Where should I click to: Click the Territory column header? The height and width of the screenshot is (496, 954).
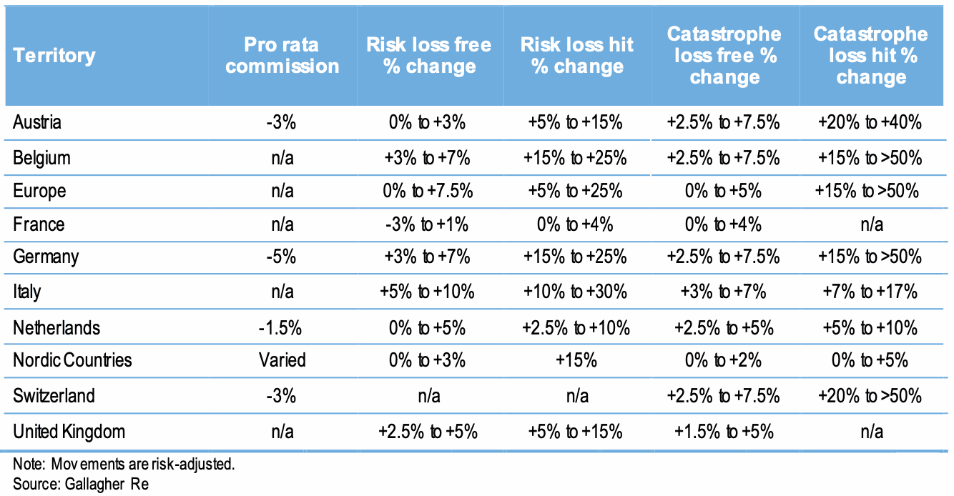(x=54, y=56)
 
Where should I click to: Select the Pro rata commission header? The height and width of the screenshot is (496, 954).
(x=282, y=56)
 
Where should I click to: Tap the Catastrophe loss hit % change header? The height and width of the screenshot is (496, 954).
(x=870, y=56)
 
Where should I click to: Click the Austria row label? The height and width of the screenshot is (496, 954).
(x=37, y=122)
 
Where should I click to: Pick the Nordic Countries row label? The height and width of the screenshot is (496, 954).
(x=72, y=359)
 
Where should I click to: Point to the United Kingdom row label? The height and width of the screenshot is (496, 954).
(x=69, y=432)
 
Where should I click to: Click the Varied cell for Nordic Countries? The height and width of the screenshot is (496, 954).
(x=282, y=359)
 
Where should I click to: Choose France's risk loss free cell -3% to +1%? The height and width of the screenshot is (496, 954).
(x=428, y=224)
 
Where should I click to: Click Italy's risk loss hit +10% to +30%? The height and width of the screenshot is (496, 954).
(x=576, y=292)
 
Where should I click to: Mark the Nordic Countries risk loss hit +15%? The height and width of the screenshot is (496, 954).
(x=576, y=359)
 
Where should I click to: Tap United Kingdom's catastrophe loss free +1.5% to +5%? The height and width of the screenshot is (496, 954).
(x=723, y=432)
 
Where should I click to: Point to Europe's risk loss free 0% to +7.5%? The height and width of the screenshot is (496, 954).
(x=428, y=191)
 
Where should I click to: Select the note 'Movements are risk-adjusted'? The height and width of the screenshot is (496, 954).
(x=124, y=464)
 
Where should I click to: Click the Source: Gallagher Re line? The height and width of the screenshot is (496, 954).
(x=80, y=484)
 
